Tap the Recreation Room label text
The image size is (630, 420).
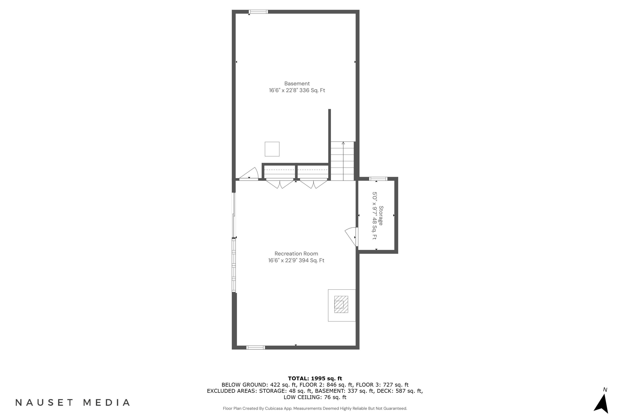pos(296,254)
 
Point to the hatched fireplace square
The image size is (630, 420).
pos(341,304)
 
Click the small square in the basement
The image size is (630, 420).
pos(272,149)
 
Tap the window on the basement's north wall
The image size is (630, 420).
pos(258,12)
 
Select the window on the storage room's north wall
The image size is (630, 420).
pos(378,179)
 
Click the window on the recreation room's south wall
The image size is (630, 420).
pos(256,348)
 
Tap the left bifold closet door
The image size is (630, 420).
pos(280,184)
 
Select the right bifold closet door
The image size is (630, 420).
pos(313,184)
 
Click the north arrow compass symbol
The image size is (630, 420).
pos(602,403)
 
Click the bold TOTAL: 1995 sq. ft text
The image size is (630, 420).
pos(315,378)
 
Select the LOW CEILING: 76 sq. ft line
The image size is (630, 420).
pos(315,397)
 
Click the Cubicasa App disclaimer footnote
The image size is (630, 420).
pos(315,408)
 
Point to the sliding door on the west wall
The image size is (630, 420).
pos(234,215)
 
